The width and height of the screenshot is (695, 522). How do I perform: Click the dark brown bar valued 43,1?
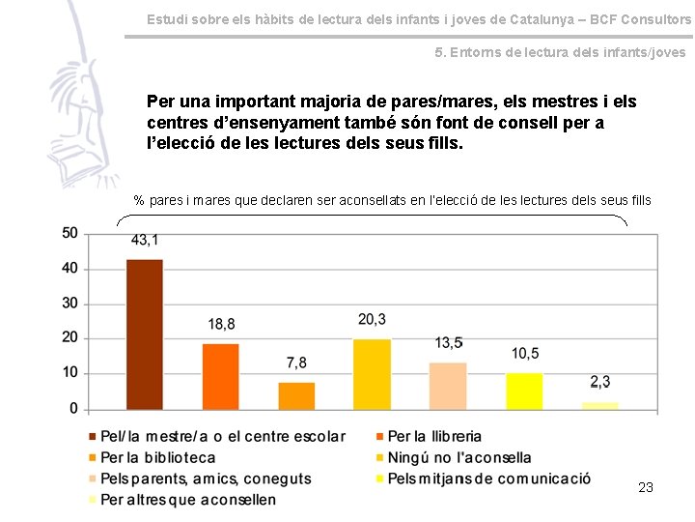pyautogui.click(x=145, y=334)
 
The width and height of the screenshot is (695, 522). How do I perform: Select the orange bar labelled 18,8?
pyautogui.click(x=220, y=376)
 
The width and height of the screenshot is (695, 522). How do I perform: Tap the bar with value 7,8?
pyautogui.click(x=296, y=395)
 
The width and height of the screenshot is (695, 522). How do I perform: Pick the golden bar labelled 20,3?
pyautogui.click(x=372, y=374)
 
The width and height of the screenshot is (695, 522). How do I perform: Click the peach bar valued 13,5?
pyautogui.click(x=448, y=386)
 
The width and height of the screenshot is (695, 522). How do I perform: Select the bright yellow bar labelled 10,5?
pyautogui.click(x=524, y=391)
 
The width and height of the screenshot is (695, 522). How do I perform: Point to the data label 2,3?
pyautogui.click(x=599, y=382)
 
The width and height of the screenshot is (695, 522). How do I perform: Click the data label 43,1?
pyautogui.click(x=145, y=240)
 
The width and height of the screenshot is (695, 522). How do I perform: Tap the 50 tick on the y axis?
pyautogui.click(x=69, y=233)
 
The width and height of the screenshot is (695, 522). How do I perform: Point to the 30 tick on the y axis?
pyautogui.click(x=69, y=304)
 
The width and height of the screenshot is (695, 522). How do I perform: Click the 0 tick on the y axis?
pyautogui.click(x=74, y=409)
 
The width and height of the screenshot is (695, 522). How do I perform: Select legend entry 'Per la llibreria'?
pyautogui.click(x=433, y=437)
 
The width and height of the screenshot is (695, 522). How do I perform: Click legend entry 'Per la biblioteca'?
pyautogui.click(x=157, y=457)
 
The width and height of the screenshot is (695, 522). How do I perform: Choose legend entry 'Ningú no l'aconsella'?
pyautogui.click(x=459, y=457)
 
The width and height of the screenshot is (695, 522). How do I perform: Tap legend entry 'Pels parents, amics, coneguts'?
pyautogui.click(x=206, y=478)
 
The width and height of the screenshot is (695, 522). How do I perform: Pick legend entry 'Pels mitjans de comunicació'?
pyautogui.click(x=488, y=478)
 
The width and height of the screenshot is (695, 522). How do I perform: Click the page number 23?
pyautogui.click(x=646, y=487)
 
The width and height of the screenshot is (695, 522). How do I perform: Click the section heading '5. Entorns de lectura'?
pyautogui.click(x=560, y=52)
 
